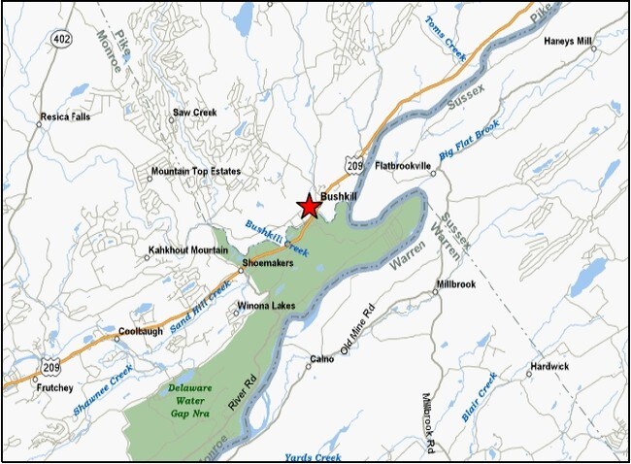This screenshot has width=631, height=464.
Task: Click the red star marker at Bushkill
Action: (309, 206)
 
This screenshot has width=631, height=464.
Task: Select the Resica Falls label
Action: (65, 117)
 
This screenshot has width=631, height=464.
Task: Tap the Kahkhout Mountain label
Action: (186, 249)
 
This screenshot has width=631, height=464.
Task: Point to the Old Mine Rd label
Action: (356, 331)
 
